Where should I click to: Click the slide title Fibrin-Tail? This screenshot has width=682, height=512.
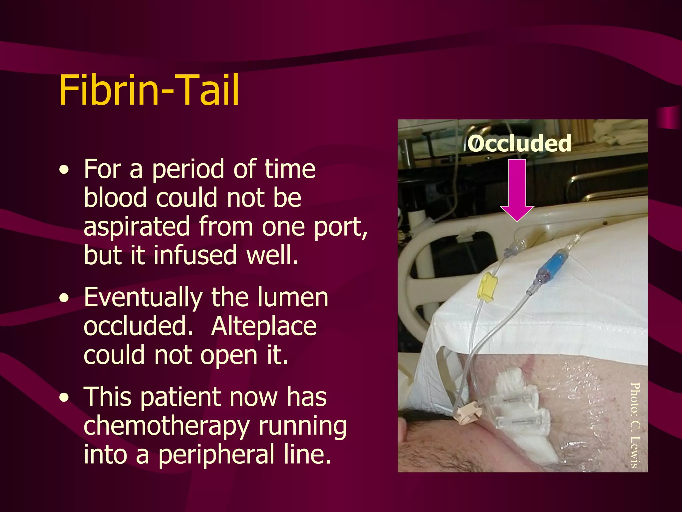pyautogui.click(x=149, y=90)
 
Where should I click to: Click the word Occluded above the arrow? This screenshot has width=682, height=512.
pyautogui.click(x=519, y=144)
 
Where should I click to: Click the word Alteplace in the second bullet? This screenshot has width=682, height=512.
pyautogui.click(x=264, y=326)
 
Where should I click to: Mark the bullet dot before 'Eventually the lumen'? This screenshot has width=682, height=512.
pyautogui.click(x=64, y=298)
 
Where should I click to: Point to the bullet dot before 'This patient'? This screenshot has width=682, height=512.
pyautogui.click(x=64, y=398)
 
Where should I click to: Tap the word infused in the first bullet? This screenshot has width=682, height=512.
pyautogui.click(x=195, y=255)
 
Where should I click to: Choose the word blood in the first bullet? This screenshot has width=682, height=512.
pyautogui.click(x=115, y=198)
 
